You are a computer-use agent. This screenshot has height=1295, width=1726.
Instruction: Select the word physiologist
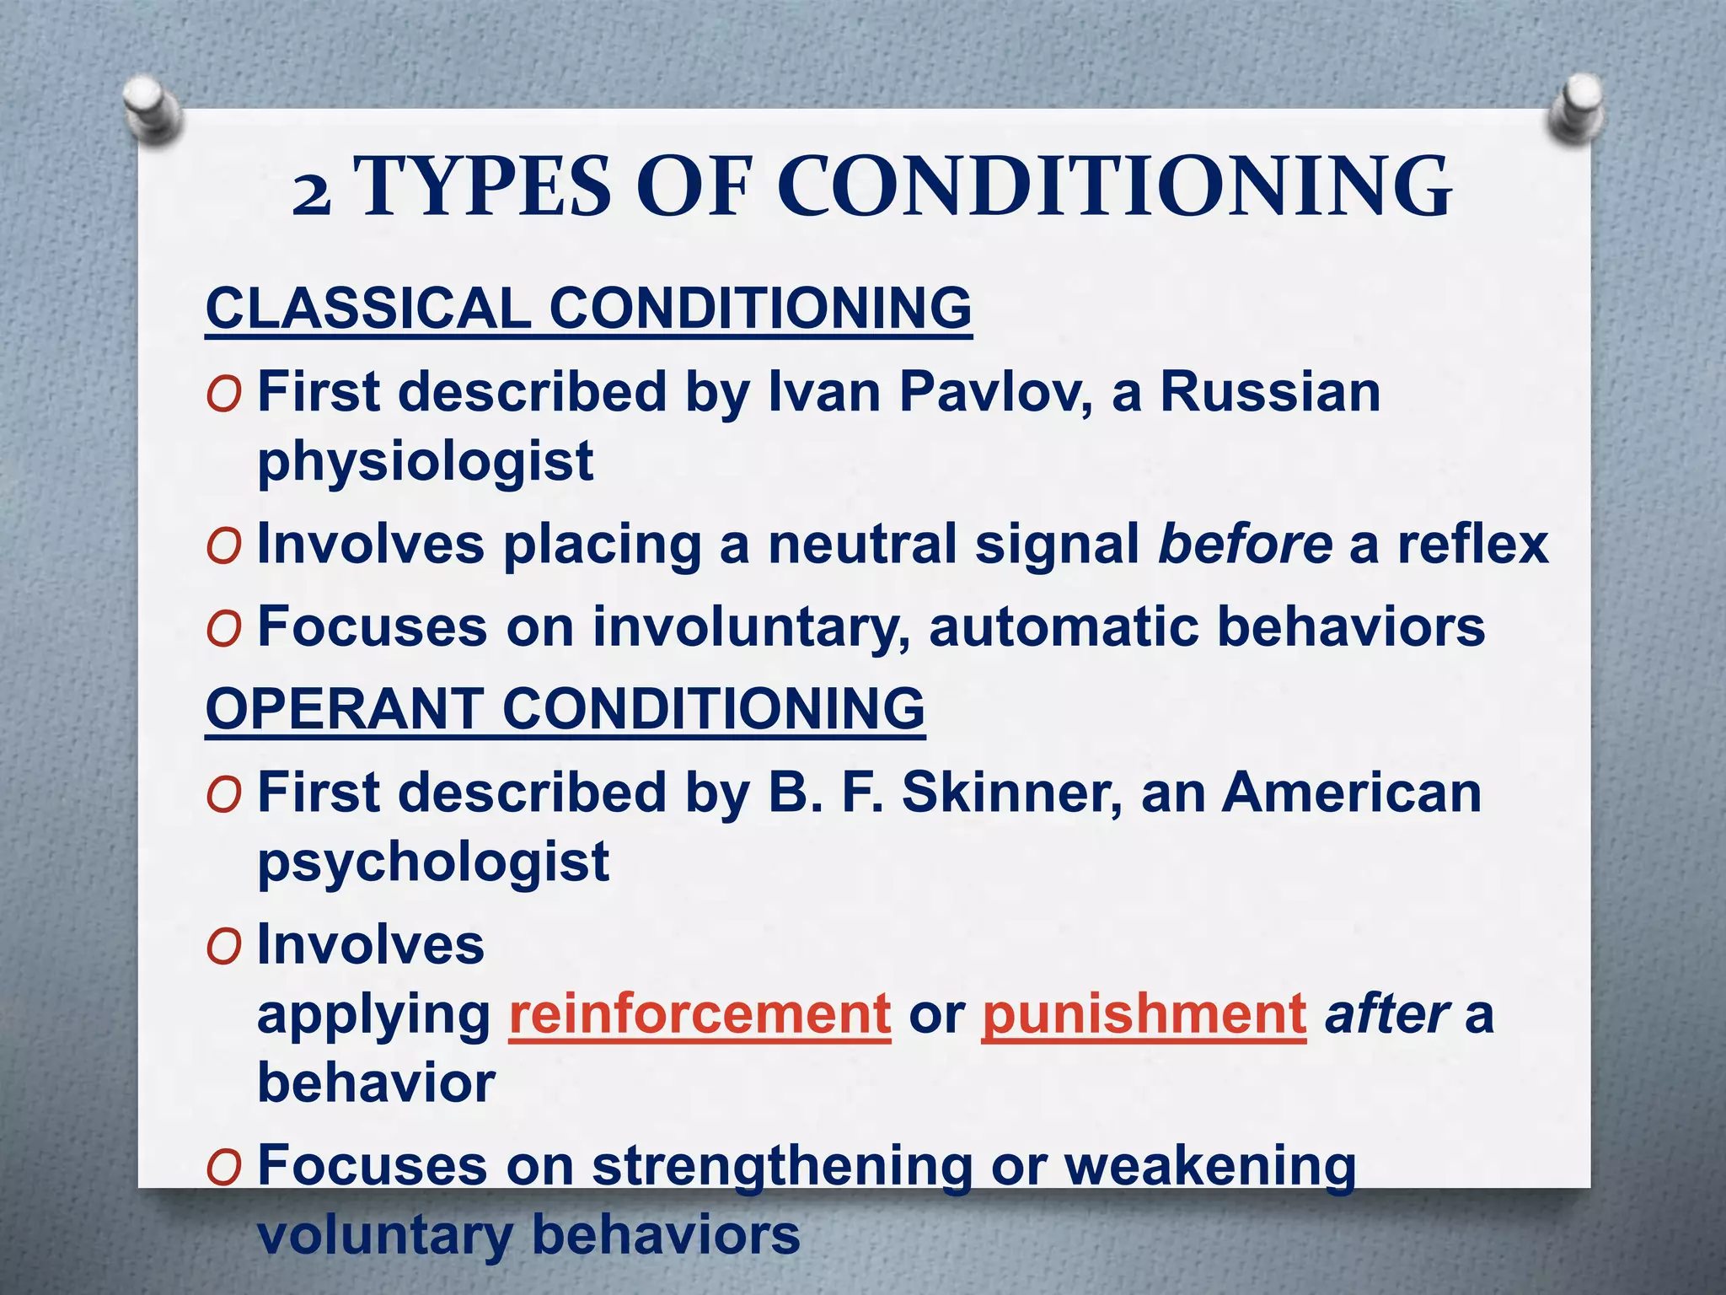pos(426,462)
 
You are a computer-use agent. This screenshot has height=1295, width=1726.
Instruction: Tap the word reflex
pos(1473,544)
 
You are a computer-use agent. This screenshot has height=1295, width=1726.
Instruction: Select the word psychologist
pos(433,862)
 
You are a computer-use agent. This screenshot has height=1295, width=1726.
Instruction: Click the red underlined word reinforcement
pos(700,1014)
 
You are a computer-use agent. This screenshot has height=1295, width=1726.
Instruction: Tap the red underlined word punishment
pos(1144,1014)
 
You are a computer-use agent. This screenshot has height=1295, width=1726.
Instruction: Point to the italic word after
pos(1386,1014)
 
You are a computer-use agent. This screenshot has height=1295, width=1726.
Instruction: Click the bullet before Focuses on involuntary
pos(224,630)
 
